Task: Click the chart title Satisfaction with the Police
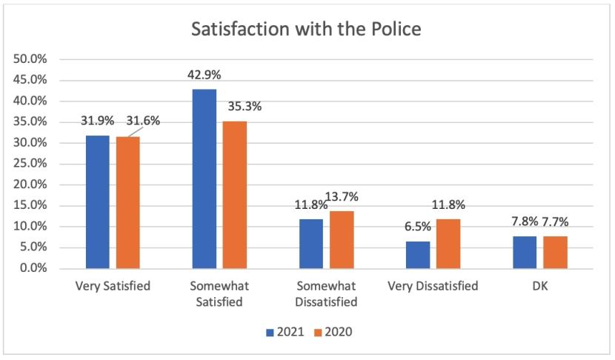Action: pyautogui.click(x=307, y=31)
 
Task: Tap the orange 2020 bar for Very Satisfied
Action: pyautogui.click(x=128, y=202)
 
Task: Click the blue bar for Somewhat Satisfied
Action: pyautogui.click(x=205, y=179)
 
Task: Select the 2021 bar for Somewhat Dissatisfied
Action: pyautogui.click(x=311, y=244)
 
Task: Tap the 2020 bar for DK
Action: pyautogui.click(x=555, y=252)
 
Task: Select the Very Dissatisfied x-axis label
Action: pyautogui.click(x=433, y=286)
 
